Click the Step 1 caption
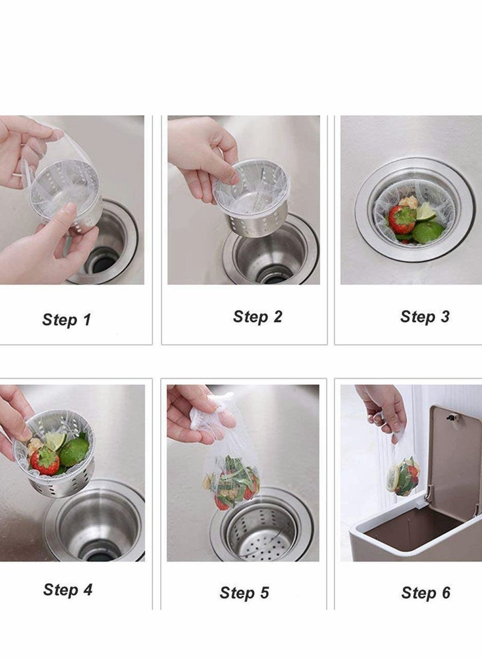pyautogui.click(x=66, y=320)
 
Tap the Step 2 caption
pyautogui.click(x=257, y=317)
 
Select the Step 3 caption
pyautogui.click(x=425, y=317)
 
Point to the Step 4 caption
pyautogui.click(x=67, y=589)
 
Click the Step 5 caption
pyautogui.click(x=244, y=593)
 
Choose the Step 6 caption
pyautogui.click(x=425, y=593)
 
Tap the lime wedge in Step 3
pyautogui.click(x=425, y=211)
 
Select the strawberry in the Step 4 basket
pyautogui.click(x=45, y=460)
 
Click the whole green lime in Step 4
pyautogui.click(x=74, y=451)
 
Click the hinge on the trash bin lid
pyautogui.click(x=450, y=414)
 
